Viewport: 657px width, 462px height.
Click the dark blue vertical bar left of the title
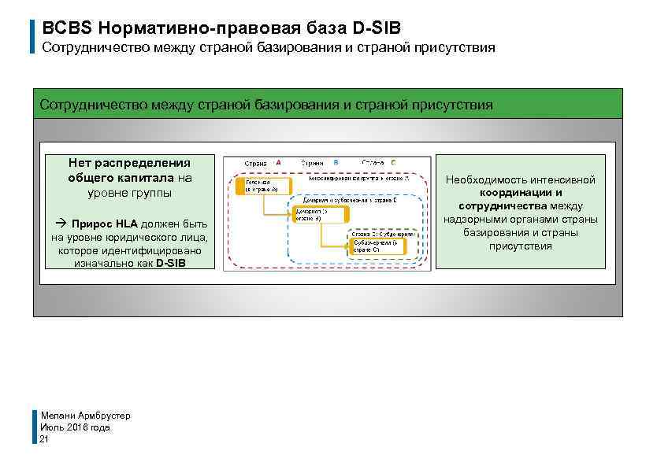[33, 36]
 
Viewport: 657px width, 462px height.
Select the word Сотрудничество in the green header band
[90, 105]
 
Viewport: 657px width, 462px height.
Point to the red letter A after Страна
[277, 162]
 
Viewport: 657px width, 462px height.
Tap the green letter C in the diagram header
[392, 162]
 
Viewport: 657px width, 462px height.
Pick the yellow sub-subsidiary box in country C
[377, 246]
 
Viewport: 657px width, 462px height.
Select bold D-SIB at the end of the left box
[171, 263]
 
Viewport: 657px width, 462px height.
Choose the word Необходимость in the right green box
[485, 179]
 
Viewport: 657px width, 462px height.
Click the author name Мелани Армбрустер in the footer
[85, 415]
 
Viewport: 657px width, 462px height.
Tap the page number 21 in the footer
[44, 440]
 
